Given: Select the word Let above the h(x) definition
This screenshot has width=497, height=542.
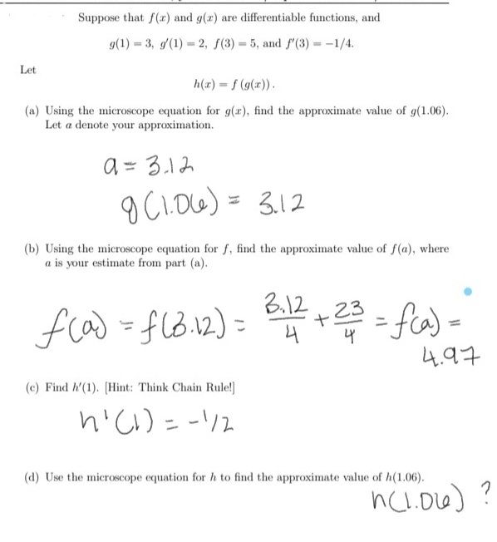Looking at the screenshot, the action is pyautogui.click(x=28, y=70).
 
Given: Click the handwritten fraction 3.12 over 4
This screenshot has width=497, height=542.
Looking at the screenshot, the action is pyautogui.click(x=300, y=317).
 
